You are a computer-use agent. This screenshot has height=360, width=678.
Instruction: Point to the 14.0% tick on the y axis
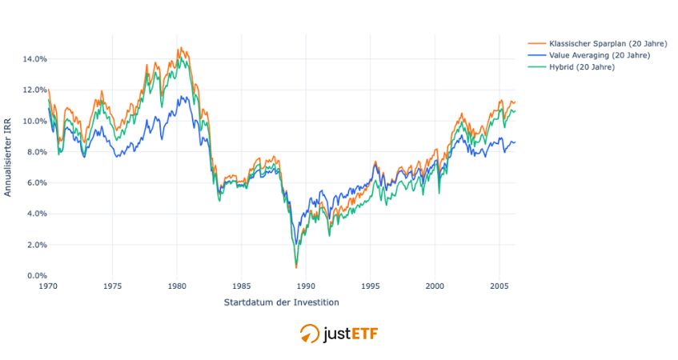[x=34, y=58]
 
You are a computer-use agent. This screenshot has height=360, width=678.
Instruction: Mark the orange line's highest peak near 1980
[x=180, y=47]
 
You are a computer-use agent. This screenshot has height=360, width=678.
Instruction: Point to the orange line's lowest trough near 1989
[x=296, y=267]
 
